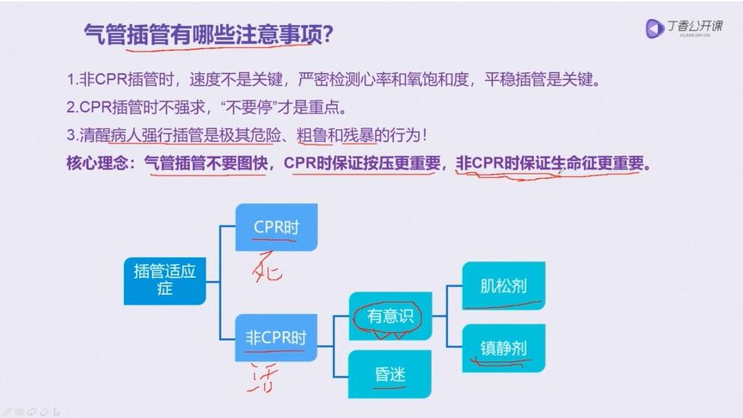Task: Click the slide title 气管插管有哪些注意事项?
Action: click(x=210, y=36)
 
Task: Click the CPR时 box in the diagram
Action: click(x=276, y=226)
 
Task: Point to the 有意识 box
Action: click(x=391, y=316)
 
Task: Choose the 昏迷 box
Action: click(x=391, y=374)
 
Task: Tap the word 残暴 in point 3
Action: click(x=365, y=135)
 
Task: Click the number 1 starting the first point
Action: click(x=71, y=81)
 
